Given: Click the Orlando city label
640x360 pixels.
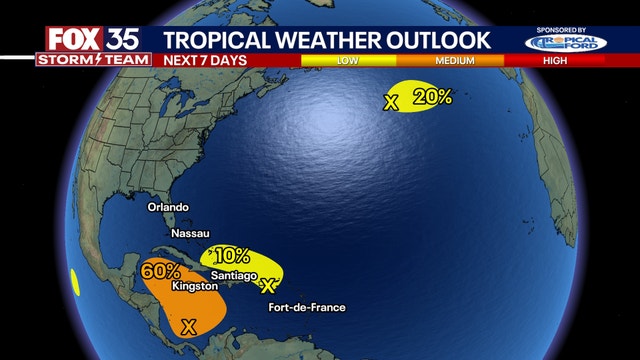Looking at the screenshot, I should pyautogui.click(x=168, y=207).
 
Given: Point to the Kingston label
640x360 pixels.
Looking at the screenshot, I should pyautogui.click(x=195, y=286).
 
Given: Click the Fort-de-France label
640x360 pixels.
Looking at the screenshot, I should pyautogui.click(x=307, y=307).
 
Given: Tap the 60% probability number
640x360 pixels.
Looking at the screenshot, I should pyautogui.click(x=161, y=270).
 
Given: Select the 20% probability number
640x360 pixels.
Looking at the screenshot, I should pyautogui.click(x=432, y=97).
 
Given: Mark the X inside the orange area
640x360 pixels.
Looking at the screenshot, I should pyautogui.click(x=187, y=325).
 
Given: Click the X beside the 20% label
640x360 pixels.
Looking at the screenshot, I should pyautogui.click(x=391, y=101).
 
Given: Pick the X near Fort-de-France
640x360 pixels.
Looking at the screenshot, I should pyautogui.click(x=267, y=286).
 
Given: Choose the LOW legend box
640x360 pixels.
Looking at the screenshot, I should pyautogui.click(x=347, y=61).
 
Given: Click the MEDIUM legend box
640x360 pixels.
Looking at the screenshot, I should pyautogui.click(x=455, y=61).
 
